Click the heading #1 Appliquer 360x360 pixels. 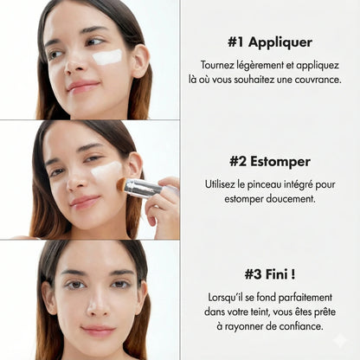[x=270, y=42]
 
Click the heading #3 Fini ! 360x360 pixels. [x=269, y=274]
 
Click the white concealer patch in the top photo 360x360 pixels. [x=107, y=57]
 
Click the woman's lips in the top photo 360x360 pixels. [x=82, y=87]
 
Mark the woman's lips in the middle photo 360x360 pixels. [x=85, y=202]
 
